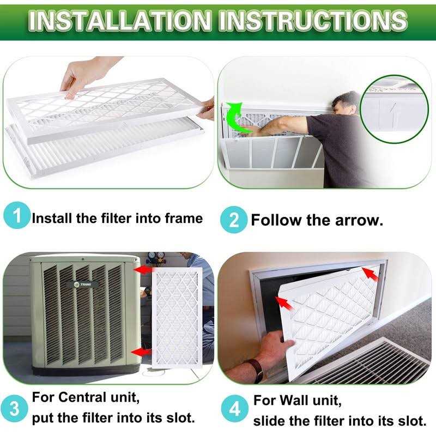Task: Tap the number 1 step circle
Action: (17, 216)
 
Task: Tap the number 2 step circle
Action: (233, 220)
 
